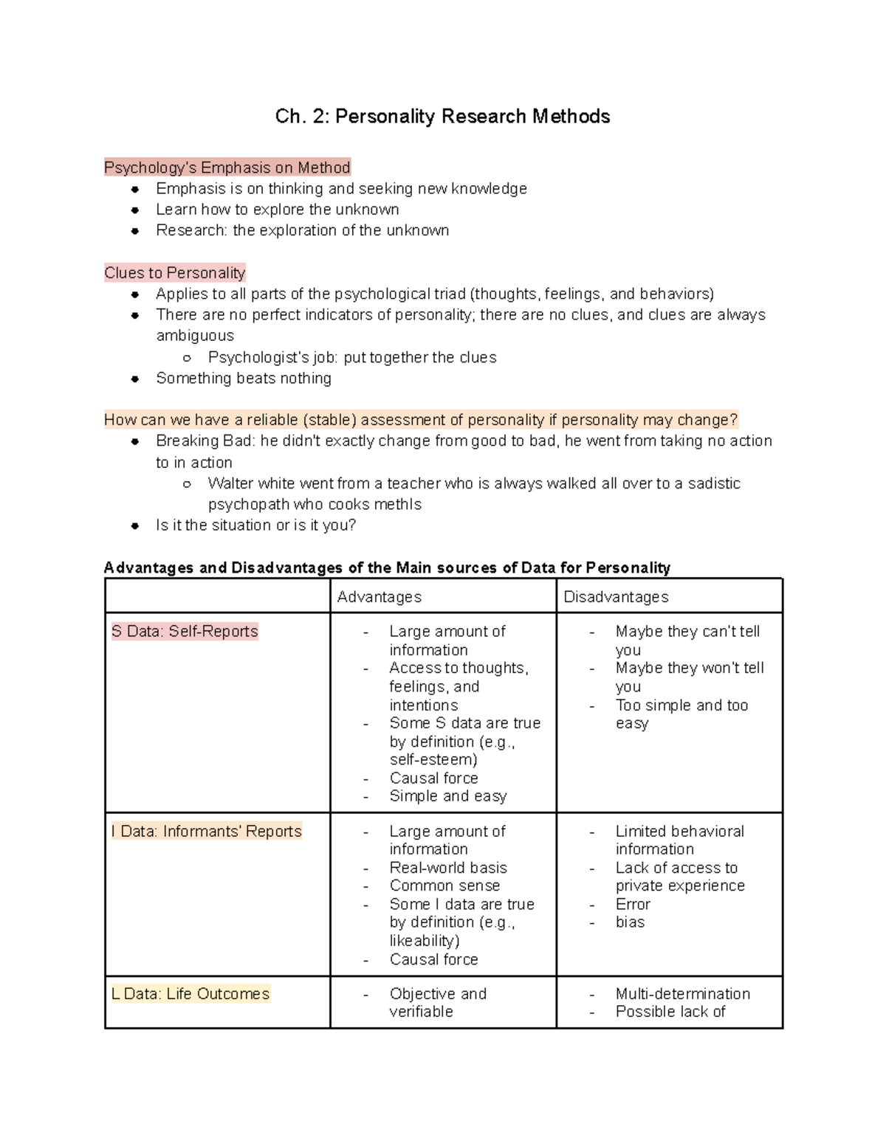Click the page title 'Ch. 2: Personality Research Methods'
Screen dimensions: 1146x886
coord(442,117)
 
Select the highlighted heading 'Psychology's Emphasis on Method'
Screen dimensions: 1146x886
coord(227,168)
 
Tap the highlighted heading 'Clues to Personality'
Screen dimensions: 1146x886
coord(174,273)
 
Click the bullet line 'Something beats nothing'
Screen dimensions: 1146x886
coord(244,379)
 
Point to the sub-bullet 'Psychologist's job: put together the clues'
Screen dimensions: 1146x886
coord(352,358)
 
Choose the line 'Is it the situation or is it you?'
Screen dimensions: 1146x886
coord(255,525)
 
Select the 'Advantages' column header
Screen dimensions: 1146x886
coord(380,597)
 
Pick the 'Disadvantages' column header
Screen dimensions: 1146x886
coord(616,597)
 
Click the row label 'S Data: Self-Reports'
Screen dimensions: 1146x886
coord(185,632)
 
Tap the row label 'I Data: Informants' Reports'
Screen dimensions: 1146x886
coord(207,832)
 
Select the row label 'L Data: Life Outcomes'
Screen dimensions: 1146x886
coord(190,994)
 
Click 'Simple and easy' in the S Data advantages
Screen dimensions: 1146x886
coord(448,796)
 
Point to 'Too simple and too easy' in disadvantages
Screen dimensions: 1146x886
coord(681,714)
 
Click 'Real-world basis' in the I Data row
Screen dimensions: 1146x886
coord(448,868)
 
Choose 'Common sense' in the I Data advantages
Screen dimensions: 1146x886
coord(444,886)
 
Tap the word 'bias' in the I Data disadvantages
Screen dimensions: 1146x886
coord(630,922)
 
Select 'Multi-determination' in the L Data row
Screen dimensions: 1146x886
coord(683,994)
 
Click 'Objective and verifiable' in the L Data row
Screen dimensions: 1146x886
coord(438,1003)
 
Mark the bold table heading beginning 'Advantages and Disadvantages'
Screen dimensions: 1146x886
coord(387,568)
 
